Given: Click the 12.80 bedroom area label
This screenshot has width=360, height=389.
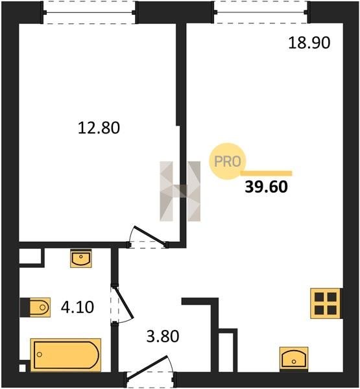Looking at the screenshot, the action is tap(99, 128).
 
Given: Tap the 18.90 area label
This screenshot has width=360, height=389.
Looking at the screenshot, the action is tap(309, 42).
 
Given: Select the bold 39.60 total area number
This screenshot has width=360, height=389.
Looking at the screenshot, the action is tap(266, 187).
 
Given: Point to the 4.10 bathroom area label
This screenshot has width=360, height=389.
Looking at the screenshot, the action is tap(77, 307).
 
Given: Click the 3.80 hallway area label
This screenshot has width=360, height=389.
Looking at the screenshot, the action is tap(163, 336).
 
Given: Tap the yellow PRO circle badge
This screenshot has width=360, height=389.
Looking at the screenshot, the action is tap(228, 161).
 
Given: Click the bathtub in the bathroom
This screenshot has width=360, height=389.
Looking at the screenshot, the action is tap(66, 355).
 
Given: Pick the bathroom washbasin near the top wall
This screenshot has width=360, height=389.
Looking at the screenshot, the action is tap(81, 258).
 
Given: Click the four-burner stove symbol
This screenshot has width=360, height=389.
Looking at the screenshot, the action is tap(326, 303).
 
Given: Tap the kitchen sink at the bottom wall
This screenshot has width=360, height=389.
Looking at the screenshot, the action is tap(294, 359).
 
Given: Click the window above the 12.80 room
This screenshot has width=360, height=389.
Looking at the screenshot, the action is tap(90, 12).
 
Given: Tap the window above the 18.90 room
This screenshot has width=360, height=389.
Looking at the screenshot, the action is tap(261, 12).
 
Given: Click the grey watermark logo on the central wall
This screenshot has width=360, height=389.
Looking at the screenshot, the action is tap(180, 191).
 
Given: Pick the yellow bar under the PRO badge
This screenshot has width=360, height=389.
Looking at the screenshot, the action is tap(267, 173).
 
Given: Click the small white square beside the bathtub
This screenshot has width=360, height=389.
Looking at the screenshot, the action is tap(22, 368).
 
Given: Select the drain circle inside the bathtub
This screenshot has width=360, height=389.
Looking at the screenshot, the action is tap(40, 355).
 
